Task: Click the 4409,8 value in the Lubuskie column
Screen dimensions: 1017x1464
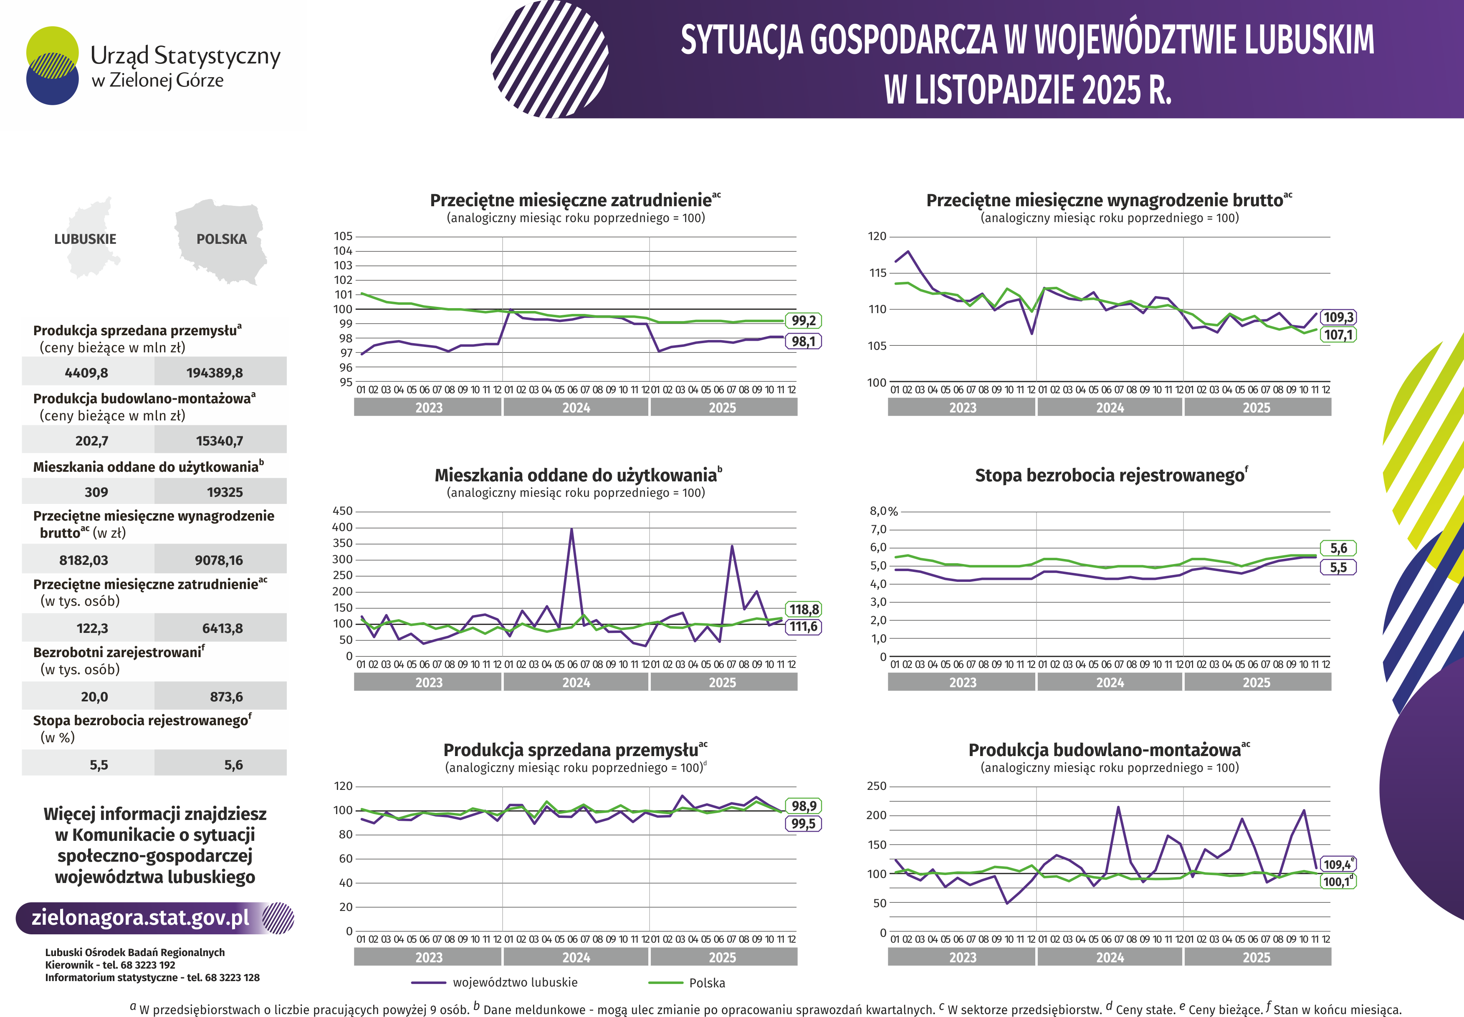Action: point(87,373)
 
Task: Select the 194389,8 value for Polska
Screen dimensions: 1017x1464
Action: point(215,373)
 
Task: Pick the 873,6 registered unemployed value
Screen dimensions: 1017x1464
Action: point(226,696)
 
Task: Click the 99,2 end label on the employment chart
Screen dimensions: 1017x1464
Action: point(803,321)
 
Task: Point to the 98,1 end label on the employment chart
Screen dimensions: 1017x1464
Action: point(803,342)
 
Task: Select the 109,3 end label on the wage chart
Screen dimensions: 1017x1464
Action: point(1338,317)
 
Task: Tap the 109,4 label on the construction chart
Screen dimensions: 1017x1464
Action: point(1337,865)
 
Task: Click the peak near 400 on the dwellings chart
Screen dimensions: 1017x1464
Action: point(571,529)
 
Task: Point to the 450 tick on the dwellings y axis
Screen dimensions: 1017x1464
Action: point(343,511)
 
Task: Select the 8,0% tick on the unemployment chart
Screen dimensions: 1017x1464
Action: point(884,511)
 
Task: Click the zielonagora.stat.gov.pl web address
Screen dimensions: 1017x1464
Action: point(140,918)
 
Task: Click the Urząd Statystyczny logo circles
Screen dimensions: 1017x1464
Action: point(52,66)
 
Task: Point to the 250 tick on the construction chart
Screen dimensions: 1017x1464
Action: point(877,786)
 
